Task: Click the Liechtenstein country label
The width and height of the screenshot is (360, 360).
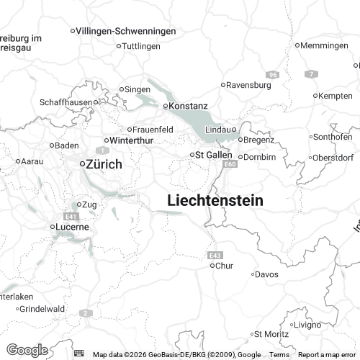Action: pos(215,201)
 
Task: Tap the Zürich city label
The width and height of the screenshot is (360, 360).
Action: pos(103,164)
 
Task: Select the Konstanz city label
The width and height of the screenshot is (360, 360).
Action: pos(189,106)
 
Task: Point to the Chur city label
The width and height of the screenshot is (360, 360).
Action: pos(225,266)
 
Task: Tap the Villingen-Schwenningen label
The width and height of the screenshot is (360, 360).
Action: pos(127,31)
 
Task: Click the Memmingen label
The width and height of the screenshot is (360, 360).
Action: pos(325,45)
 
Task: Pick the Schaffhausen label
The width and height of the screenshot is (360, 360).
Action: pos(66,102)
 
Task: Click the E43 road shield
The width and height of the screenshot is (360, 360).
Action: pos(215,255)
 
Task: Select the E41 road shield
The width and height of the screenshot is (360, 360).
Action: pos(70,216)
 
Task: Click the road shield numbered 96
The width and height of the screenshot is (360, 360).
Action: pos(271,74)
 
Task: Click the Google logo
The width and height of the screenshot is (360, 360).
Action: pos(27,350)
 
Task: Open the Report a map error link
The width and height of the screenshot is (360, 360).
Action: pos(328,355)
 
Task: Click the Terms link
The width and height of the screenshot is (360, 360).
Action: pos(279,355)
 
